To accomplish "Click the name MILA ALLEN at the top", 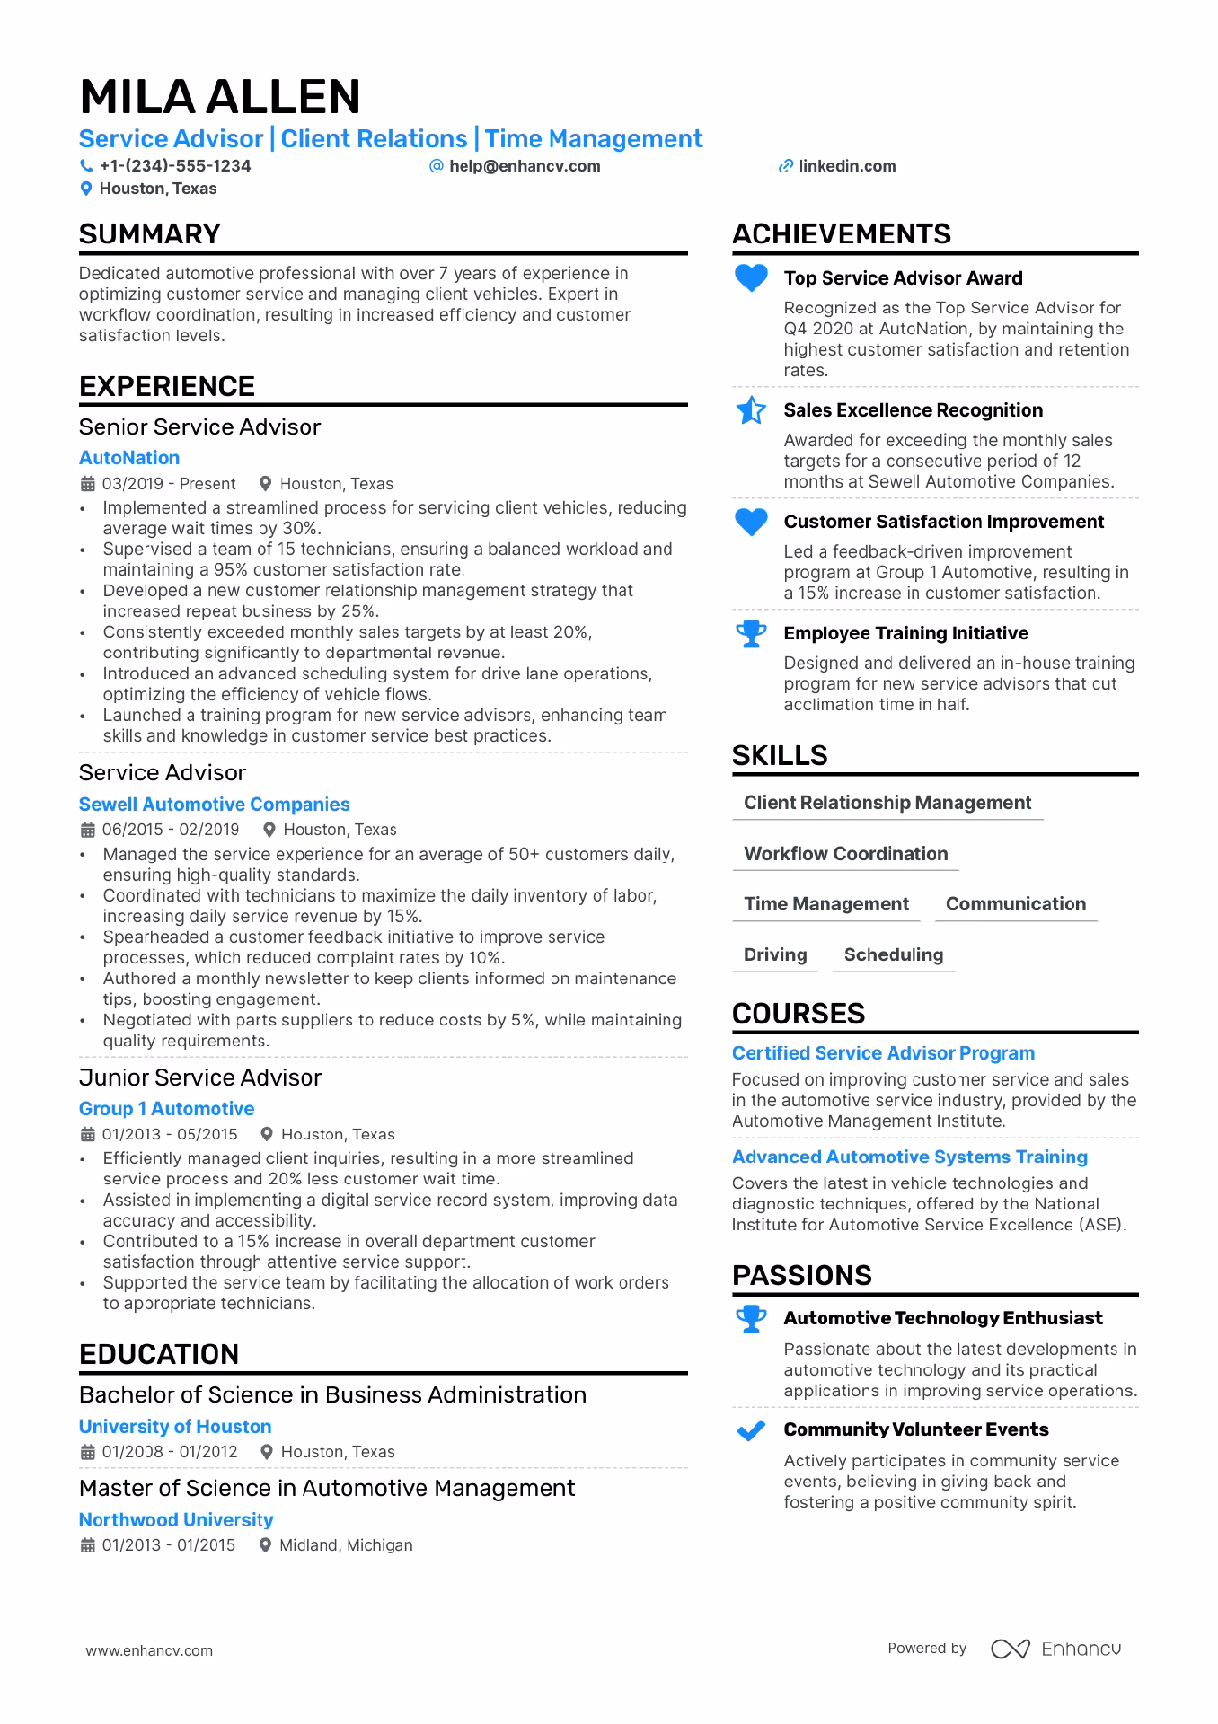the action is pos(220,97).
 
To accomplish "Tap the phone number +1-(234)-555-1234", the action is pos(175,166).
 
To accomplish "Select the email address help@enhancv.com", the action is pos(525,166).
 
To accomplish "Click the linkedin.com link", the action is pos(847,166).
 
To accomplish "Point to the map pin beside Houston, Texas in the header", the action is pos(86,189).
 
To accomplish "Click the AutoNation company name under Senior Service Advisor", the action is pos(129,458).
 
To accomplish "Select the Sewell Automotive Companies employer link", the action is pos(214,805).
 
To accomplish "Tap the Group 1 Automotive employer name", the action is pos(166,1109).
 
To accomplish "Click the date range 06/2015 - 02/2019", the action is pos(171,830).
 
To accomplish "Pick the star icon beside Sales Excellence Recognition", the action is pos(751,410).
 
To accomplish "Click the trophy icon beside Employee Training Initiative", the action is pos(751,634).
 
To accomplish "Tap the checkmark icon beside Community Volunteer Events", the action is pos(751,1430).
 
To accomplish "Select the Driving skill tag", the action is pos(775,954).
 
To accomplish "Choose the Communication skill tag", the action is pos(1015,903).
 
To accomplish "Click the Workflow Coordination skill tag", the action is pos(845,854).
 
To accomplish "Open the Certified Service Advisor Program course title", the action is pos(883,1053).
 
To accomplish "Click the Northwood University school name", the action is pos(176,1520).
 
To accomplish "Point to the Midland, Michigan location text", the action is pos(346,1545).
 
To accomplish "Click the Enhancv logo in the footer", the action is pos(1056,1649).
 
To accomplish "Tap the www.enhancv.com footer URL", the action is pos(149,1650).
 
